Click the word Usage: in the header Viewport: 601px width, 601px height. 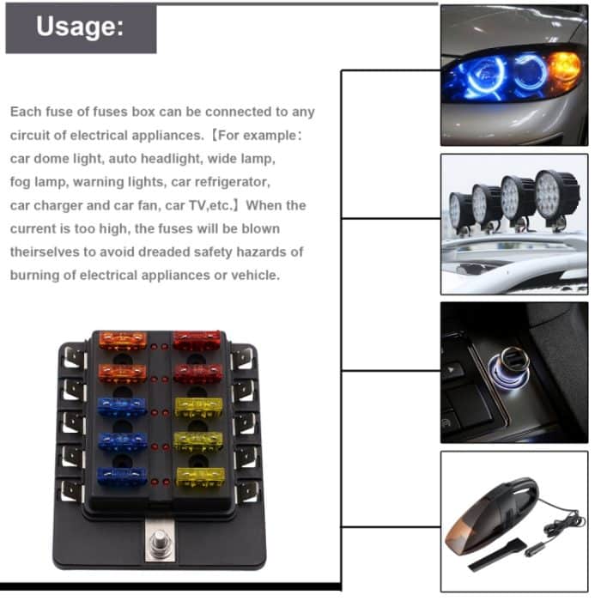tap(81, 27)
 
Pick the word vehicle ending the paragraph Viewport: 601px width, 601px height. tap(253, 276)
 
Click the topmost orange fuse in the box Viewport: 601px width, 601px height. tap(122, 341)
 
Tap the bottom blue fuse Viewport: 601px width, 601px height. tap(122, 475)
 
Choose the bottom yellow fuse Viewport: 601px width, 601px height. tap(199, 475)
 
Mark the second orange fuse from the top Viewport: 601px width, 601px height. tap(122, 373)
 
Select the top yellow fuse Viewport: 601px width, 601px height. tap(199, 406)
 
